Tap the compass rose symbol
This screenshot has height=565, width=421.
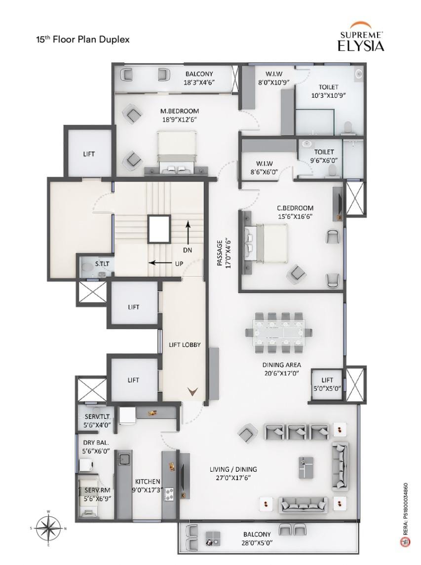click(x=48, y=528)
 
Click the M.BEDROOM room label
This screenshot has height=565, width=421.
click(x=180, y=111)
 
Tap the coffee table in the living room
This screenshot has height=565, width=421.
click(x=306, y=467)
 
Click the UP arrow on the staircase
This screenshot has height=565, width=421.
click(x=161, y=263)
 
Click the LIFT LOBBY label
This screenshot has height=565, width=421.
click(x=185, y=345)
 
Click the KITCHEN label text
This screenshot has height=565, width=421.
click(x=148, y=482)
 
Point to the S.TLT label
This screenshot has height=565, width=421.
click(x=102, y=264)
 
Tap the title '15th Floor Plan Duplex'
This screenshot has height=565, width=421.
click(x=82, y=39)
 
